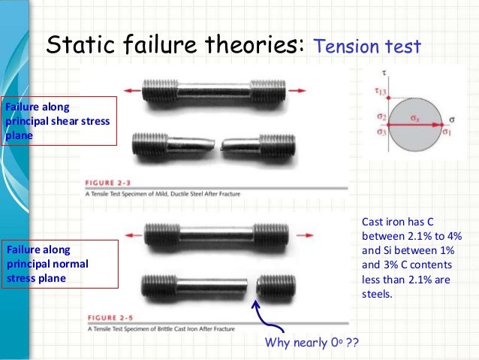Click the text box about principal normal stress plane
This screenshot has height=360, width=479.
click(60, 264)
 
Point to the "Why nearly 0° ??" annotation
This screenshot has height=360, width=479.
click(312, 343)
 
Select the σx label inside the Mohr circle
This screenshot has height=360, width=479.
click(416, 119)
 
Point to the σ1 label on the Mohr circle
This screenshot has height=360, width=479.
click(446, 133)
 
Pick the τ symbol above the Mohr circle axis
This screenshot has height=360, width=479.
click(384, 74)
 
